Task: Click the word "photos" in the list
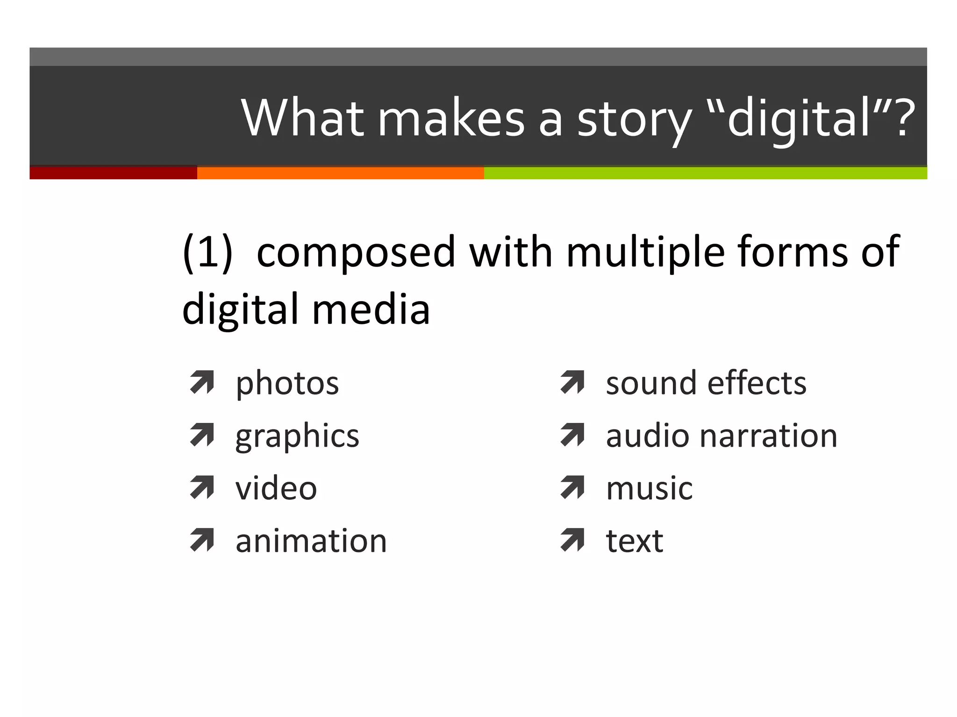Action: [x=287, y=384]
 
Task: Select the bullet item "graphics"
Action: [x=297, y=436]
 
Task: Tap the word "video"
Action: [x=276, y=489]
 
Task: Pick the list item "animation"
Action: [x=311, y=541]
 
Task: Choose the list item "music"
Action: [x=649, y=489]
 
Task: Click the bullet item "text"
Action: [x=634, y=541]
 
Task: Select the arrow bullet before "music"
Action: [x=572, y=487]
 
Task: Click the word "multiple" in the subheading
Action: [x=645, y=253]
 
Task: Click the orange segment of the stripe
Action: [x=340, y=173]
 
